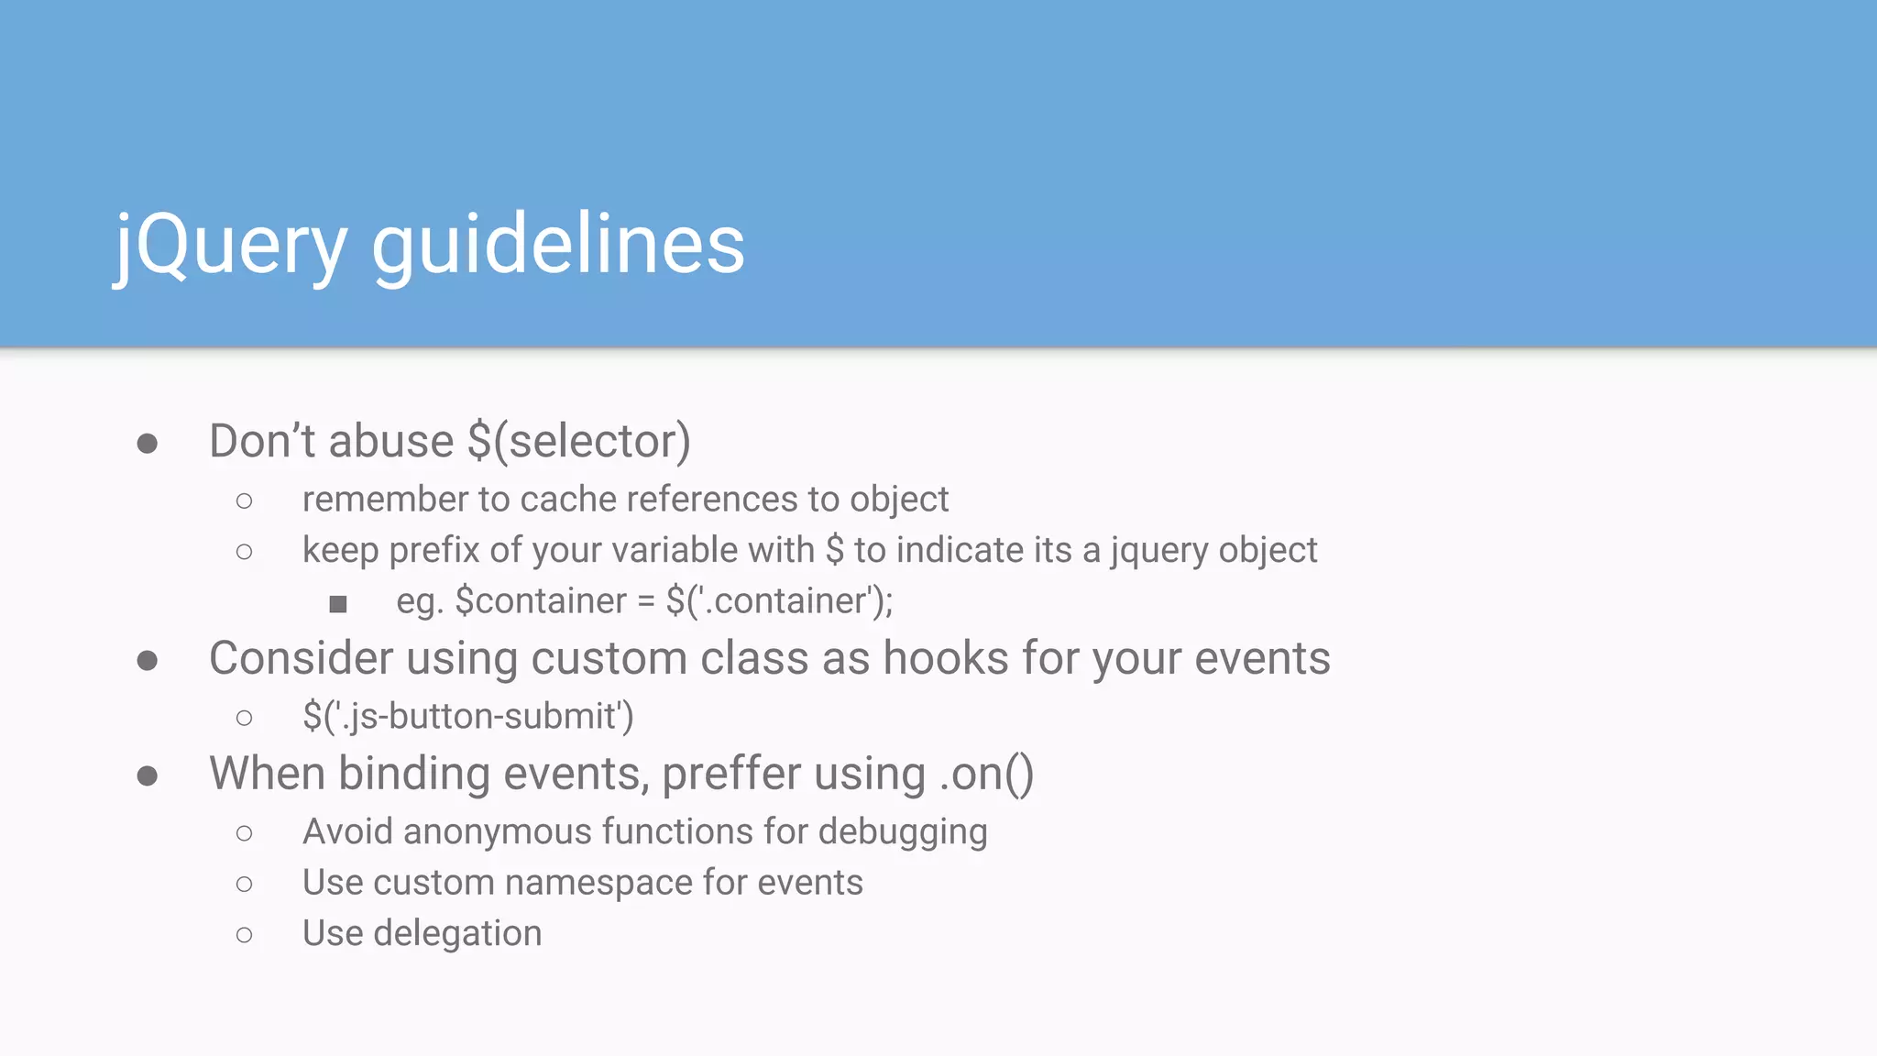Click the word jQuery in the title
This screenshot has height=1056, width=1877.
coord(230,246)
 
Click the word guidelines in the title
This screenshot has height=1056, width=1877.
coord(558,246)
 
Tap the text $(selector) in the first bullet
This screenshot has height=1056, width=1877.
coord(578,441)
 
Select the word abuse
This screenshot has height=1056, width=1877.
coord(391,441)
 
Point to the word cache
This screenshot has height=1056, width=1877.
coord(568,500)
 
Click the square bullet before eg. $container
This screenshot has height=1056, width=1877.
coord(338,603)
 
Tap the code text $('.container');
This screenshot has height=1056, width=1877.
coord(779,601)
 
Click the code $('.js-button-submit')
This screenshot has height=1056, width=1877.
coord(468,716)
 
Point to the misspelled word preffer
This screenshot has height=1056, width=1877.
coord(730,774)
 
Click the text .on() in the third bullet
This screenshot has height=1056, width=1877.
coord(986,774)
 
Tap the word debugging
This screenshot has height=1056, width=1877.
coord(903,831)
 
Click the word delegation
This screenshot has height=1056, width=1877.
coord(457,933)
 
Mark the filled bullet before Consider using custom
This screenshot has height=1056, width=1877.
coord(147,661)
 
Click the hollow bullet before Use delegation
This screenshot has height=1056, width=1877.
coord(244,935)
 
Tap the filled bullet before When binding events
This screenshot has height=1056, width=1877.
coord(147,776)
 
